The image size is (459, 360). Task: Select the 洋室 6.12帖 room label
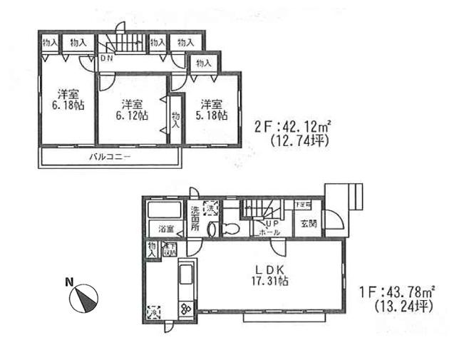133,109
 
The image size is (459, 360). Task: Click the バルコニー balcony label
108,156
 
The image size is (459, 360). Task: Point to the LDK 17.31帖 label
270,274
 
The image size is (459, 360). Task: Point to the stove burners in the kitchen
185,309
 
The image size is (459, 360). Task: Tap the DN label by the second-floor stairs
106,58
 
